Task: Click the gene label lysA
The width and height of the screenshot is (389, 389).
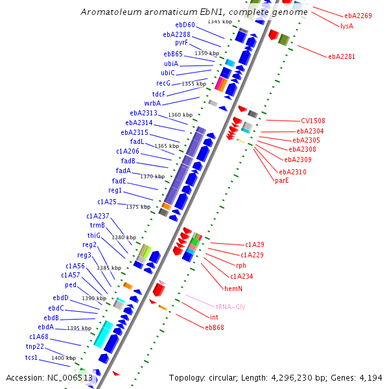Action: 347,26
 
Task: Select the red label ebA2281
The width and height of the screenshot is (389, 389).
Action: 342,56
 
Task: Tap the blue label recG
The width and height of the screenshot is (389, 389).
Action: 163,83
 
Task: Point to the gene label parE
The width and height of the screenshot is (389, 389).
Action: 282,180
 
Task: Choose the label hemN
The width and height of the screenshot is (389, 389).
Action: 233,288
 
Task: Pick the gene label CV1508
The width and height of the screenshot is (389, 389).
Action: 313,121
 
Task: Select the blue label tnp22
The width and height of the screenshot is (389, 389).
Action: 35,347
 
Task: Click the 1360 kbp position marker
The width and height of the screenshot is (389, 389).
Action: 180,115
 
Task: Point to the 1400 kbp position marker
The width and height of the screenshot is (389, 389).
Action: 64,358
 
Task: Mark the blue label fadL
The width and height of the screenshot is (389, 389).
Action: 137,141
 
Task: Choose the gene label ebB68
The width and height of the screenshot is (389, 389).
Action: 215,327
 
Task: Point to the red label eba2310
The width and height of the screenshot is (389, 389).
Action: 292,172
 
